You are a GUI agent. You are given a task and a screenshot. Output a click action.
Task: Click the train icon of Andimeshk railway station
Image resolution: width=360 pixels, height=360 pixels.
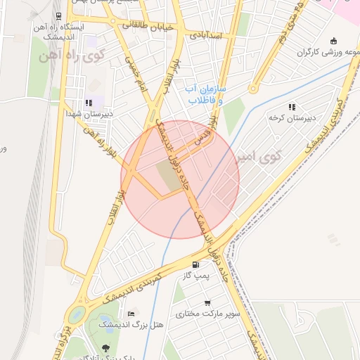click(x=56, y=16)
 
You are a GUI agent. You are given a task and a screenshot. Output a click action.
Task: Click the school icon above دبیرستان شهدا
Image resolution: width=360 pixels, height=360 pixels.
click(x=89, y=103)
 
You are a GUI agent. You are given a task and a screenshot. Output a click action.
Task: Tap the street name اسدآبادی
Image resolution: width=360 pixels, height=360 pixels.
click(x=205, y=34)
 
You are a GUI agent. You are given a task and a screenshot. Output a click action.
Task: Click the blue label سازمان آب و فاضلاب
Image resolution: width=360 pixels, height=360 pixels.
click(x=205, y=95)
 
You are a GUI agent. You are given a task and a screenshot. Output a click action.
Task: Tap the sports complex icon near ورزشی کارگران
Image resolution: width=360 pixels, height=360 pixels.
click(x=332, y=40)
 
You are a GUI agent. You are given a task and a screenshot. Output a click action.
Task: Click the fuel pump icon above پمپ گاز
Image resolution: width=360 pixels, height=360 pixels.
click(x=195, y=265)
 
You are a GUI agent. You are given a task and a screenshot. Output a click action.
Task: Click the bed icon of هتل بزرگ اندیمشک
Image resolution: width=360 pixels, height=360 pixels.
click(x=131, y=313)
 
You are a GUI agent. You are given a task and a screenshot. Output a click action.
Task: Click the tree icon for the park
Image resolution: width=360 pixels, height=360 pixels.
click(x=105, y=347)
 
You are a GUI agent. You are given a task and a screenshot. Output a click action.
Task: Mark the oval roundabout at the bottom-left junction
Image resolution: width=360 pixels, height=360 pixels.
click(x=77, y=314)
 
